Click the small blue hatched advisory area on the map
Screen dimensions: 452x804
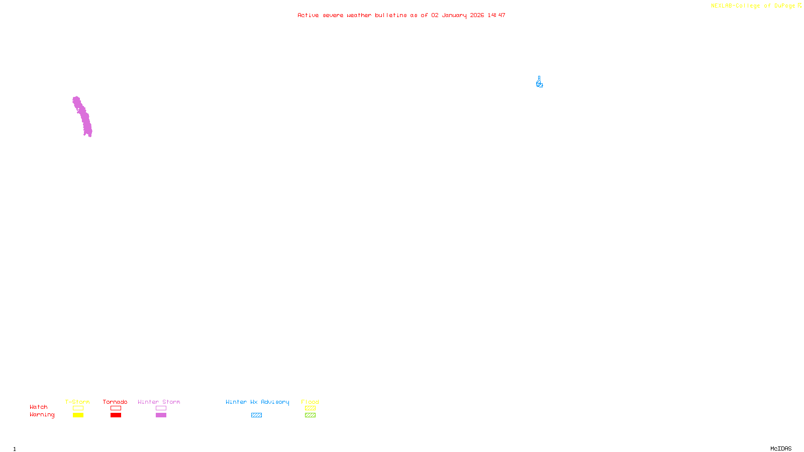[539, 83]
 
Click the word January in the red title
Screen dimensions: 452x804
[454, 15]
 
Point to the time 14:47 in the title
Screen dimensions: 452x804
[496, 15]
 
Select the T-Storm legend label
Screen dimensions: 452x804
[77, 402]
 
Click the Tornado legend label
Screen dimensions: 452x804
[115, 402]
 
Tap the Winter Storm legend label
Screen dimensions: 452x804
[159, 402]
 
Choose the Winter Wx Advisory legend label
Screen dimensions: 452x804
[257, 402]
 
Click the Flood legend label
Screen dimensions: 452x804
[310, 402]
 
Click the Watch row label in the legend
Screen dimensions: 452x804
[39, 407]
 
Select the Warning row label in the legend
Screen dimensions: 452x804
[42, 415]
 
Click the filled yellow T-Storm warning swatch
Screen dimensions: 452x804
[78, 415]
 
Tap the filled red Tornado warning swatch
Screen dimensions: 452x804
[116, 415]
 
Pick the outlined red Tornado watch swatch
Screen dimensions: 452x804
[116, 408]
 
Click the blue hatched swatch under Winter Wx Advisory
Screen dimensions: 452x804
[256, 415]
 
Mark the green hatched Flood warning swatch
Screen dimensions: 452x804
[310, 415]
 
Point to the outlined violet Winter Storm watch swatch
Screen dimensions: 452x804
[161, 408]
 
